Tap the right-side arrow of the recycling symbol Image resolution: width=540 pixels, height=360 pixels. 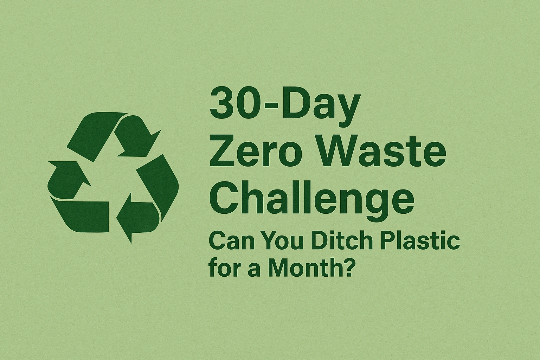coord(151,197)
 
